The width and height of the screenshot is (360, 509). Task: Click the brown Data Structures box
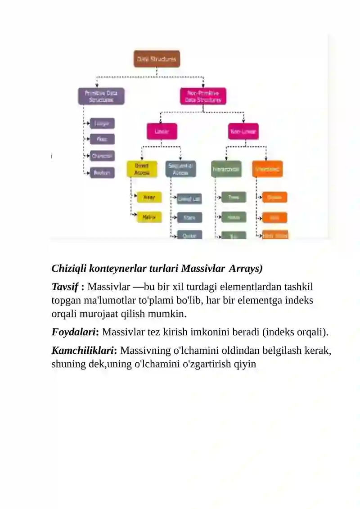(157, 59)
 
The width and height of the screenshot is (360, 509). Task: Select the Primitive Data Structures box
(101, 96)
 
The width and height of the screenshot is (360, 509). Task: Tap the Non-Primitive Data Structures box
(203, 96)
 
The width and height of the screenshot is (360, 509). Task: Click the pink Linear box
(162, 131)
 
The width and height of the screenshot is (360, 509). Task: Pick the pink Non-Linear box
(243, 131)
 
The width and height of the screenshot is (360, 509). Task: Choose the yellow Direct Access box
(141, 169)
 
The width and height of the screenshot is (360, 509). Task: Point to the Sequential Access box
(180, 169)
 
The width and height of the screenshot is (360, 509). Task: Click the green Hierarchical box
(226, 169)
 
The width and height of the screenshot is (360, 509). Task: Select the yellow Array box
(149, 197)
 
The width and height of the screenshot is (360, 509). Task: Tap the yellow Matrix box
(149, 217)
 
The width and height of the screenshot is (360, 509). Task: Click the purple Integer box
(102, 123)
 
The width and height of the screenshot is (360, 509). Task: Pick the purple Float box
(102, 139)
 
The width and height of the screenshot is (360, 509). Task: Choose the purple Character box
(102, 156)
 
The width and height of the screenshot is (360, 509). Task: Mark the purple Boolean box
(102, 172)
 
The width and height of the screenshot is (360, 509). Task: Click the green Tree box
(234, 197)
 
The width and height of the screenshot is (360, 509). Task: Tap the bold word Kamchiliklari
(84, 350)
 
